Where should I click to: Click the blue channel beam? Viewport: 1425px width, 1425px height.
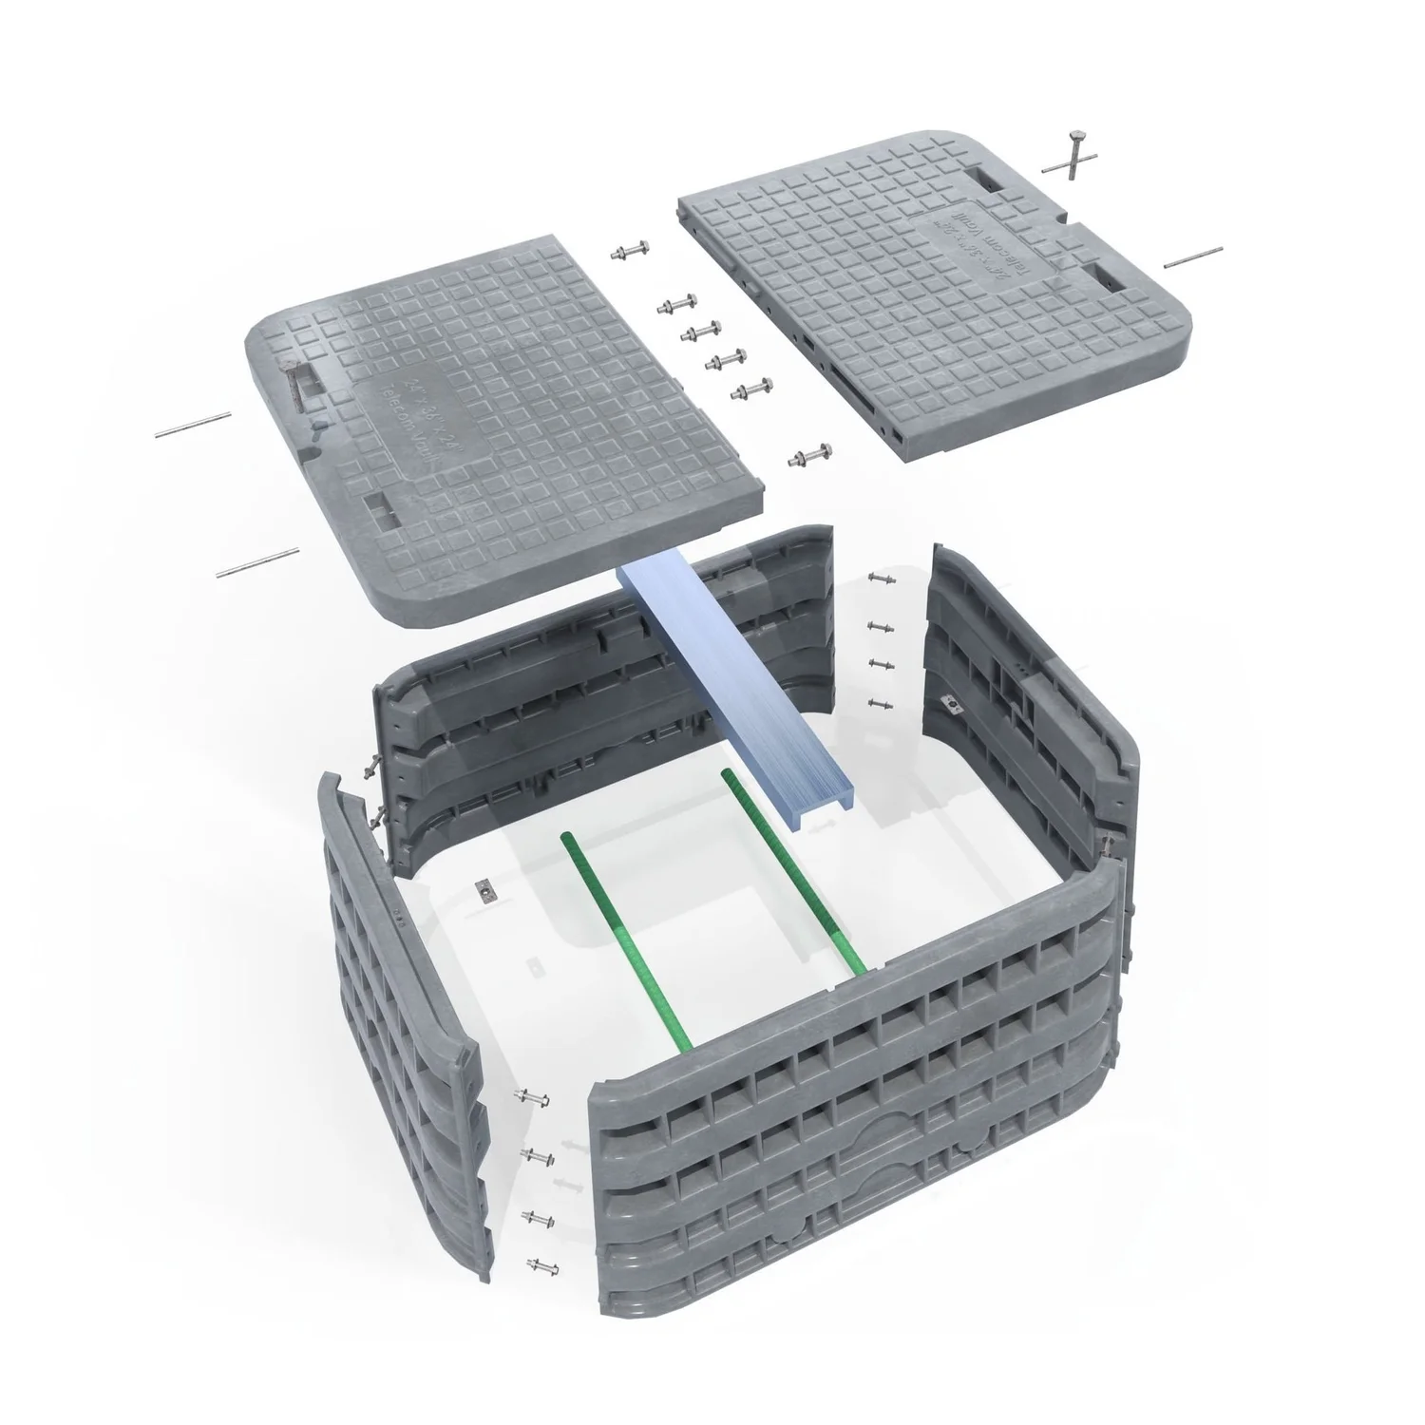point(731,693)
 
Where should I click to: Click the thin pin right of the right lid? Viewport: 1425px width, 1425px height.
point(1192,256)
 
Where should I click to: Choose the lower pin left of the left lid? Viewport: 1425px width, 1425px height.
point(258,562)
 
